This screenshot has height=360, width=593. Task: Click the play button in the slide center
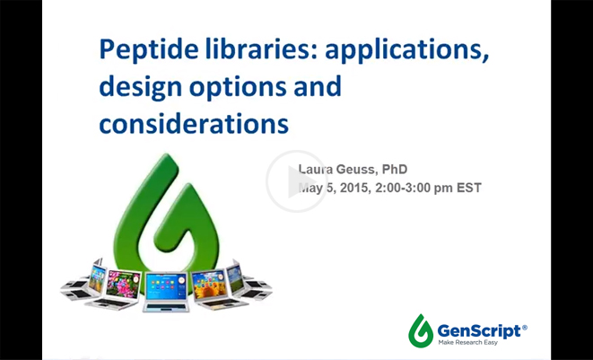tap(297, 180)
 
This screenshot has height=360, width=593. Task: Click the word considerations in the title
tap(193, 122)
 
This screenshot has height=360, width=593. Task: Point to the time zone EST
tap(469, 188)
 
